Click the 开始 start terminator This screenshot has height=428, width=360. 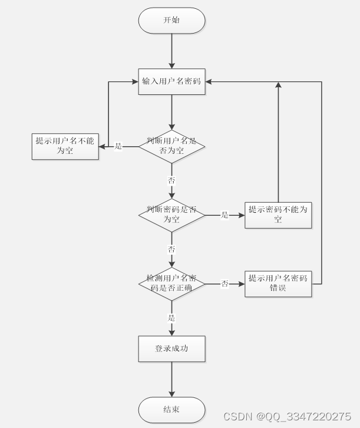click(x=171, y=21)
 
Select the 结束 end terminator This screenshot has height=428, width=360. click(x=171, y=410)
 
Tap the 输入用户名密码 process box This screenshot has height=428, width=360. click(x=171, y=82)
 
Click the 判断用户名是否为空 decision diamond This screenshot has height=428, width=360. click(x=171, y=146)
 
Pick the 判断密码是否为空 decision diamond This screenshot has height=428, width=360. click(x=171, y=215)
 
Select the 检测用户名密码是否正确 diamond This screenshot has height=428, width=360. click(x=171, y=284)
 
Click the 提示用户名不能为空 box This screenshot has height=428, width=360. click(x=65, y=146)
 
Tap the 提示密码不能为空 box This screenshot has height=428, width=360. click(x=278, y=215)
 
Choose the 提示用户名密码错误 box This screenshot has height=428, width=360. click(x=278, y=284)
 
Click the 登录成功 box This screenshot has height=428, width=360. click(x=171, y=348)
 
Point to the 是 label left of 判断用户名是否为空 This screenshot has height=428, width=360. click(x=118, y=146)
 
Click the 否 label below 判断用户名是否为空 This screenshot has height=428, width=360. click(x=171, y=180)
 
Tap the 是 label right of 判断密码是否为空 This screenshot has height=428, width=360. click(x=224, y=215)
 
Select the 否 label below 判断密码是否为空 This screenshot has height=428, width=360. click(x=171, y=249)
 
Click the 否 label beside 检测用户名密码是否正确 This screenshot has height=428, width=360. click(x=224, y=284)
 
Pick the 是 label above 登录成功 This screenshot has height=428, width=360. click(x=171, y=318)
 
